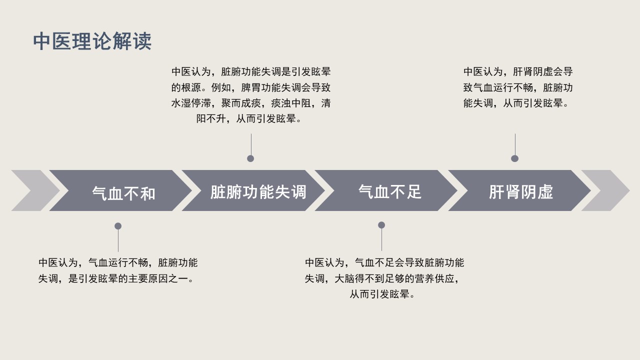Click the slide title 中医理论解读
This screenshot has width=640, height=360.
pos(92,41)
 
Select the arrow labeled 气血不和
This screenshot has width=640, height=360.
pos(120,190)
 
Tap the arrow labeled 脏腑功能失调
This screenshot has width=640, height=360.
pos(253,190)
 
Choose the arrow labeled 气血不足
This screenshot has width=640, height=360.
pos(386,190)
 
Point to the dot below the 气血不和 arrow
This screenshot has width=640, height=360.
pos(118,226)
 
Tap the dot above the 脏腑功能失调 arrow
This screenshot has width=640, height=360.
pos(250,158)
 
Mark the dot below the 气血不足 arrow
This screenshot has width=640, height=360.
pos(381,225)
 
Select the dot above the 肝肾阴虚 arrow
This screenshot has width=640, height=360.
pos(515,158)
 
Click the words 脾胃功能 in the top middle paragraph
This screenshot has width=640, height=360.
pos(261,87)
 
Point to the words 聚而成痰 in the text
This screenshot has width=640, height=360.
pos(241,103)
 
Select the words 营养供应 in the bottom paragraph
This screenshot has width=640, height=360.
pos(434,278)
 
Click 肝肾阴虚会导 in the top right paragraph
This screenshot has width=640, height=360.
pos(543,71)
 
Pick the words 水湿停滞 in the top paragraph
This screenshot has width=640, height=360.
pos(191,103)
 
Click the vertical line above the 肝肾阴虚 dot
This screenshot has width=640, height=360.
pos(515,144)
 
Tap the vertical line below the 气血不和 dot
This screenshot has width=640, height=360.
pos(118,241)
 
